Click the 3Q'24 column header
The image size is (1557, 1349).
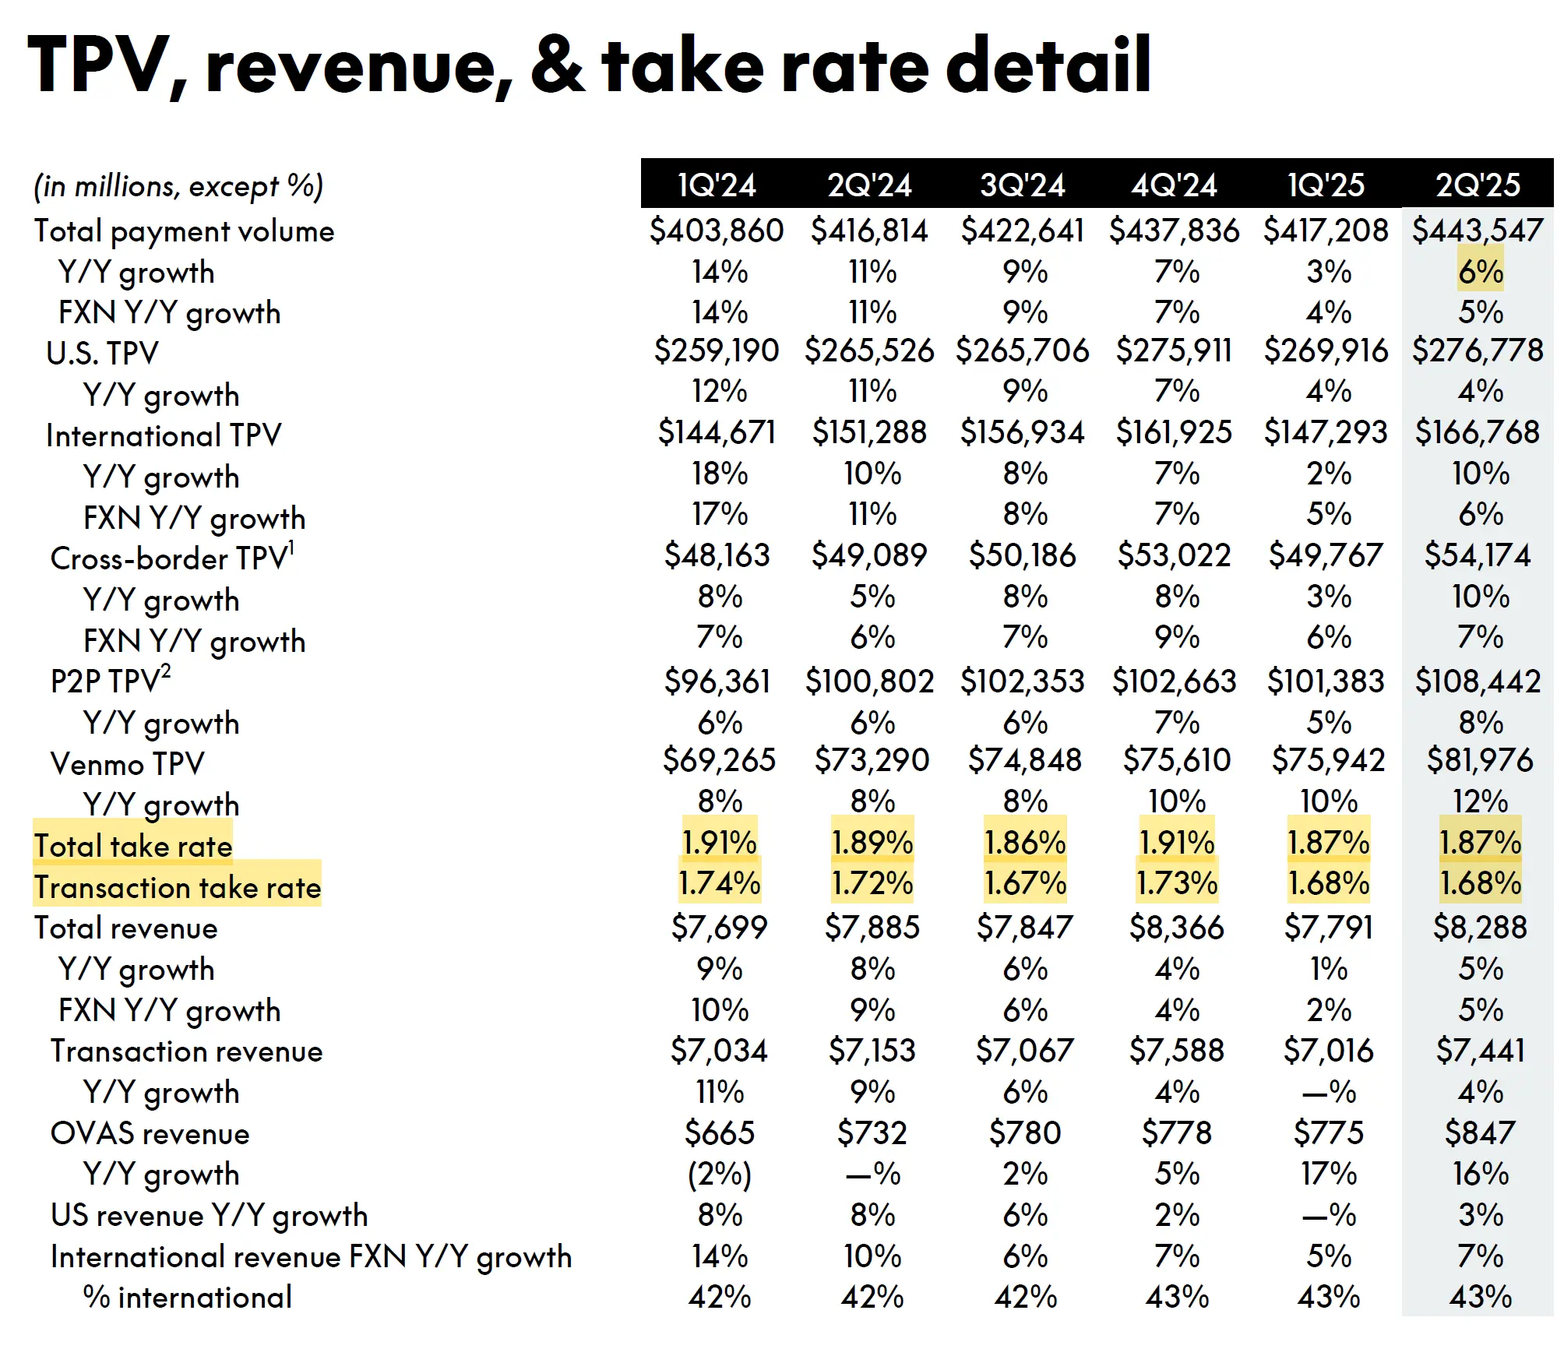click(1022, 185)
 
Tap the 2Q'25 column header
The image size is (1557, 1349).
click(1478, 185)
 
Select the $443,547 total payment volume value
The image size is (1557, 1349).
click(1478, 231)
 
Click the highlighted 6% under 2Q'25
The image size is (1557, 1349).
click(1481, 272)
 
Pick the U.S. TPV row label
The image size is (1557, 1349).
click(102, 354)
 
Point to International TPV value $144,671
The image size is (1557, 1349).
click(717, 432)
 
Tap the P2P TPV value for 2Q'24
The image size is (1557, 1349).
click(869, 682)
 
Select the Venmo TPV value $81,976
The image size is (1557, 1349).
click(1479, 760)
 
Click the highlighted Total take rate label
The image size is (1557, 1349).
click(133, 846)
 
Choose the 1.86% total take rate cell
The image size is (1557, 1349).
click(1024, 843)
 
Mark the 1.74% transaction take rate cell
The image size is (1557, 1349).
click(719, 883)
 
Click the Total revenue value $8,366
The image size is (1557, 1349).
click(1176, 928)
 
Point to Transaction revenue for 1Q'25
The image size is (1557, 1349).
click(1328, 1051)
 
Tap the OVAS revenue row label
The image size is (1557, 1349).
click(150, 1133)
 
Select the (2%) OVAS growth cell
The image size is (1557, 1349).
click(719, 1175)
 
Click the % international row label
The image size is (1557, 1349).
click(187, 1298)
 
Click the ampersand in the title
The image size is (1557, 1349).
click(557, 65)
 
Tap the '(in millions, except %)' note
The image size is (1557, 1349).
click(178, 187)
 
